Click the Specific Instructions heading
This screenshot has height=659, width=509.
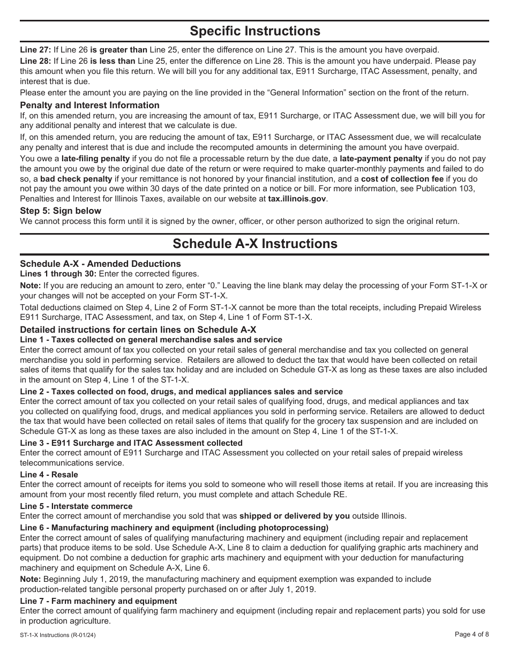[x=254, y=31]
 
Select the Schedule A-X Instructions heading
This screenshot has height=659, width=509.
[x=254, y=244]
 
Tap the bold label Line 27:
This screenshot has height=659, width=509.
[x=35, y=49]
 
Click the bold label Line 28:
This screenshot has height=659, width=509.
[x=35, y=62]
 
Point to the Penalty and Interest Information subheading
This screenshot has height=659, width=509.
[x=89, y=105]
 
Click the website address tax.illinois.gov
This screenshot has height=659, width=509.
[x=297, y=198]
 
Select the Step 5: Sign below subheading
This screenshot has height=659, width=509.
[x=61, y=211]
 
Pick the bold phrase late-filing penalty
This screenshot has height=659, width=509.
[x=95, y=159]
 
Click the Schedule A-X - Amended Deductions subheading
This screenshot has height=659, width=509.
[x=100, y=264]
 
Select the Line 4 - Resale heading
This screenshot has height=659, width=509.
[x=49, y=475]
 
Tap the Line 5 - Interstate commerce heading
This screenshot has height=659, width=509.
[x=76, y=506]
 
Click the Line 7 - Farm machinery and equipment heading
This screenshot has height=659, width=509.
[x=98, y=601]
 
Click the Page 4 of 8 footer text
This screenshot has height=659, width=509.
[x=471, y=634]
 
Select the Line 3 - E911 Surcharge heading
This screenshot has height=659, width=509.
[x=131, y=443]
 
